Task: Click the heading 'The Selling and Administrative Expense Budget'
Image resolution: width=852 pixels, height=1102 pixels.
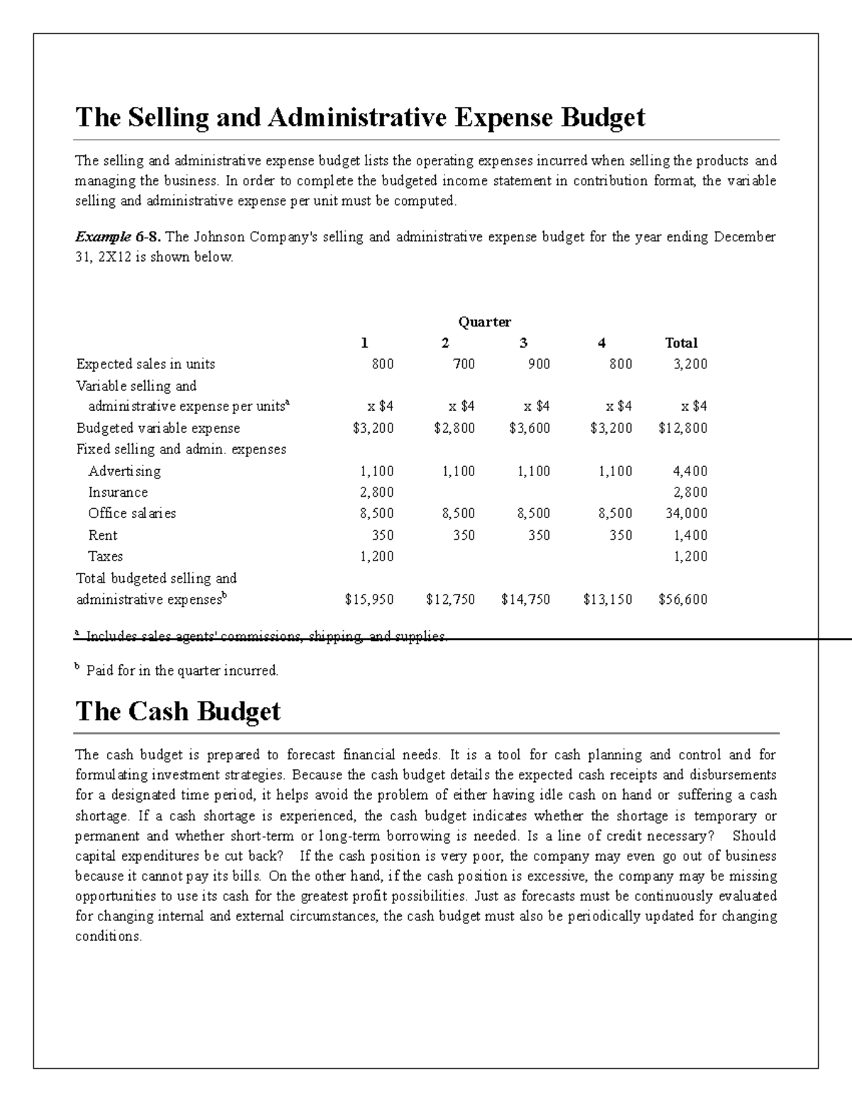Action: coord(360,117)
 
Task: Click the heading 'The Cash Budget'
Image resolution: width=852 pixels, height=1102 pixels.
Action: coord(177,711)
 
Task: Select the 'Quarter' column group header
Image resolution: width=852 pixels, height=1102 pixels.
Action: coord(484,322)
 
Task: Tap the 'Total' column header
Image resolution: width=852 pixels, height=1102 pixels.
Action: coord(681,343)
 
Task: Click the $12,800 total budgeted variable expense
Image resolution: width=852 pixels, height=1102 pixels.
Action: coord(682,428)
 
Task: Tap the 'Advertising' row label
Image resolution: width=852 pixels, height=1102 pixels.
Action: coord(124,471)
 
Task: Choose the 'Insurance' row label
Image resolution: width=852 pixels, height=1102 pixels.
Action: coord(118,492)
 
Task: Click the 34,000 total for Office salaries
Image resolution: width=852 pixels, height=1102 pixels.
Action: coord(686,513)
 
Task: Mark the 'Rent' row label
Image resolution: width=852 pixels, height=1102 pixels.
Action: coord(103,535)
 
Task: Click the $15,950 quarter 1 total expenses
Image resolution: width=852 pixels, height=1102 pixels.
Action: coord(369,600)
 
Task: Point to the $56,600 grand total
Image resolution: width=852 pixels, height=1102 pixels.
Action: coord(682,600)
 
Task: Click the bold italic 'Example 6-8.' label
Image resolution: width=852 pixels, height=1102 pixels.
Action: coord(118,237)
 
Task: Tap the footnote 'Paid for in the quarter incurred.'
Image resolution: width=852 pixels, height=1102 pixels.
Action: coord(182,671)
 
